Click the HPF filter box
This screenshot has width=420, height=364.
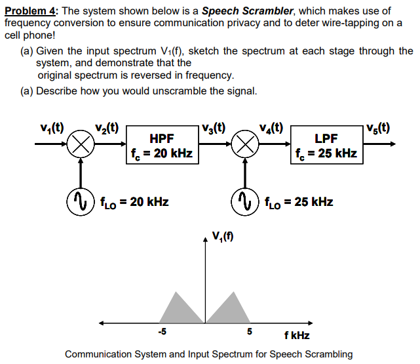coord(162,145)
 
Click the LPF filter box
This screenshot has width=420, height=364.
coord(327,145)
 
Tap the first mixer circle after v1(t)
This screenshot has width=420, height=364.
coord(80,144)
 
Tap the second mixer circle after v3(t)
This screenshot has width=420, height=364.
coord(244,144)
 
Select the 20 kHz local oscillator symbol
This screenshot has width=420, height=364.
coord(80,200)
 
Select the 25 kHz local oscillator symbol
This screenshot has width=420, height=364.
coord(244,200)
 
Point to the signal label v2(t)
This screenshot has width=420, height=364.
coord(107,127)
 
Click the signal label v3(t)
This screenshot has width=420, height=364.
coord(215,127)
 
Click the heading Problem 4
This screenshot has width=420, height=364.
coord(31,11)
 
